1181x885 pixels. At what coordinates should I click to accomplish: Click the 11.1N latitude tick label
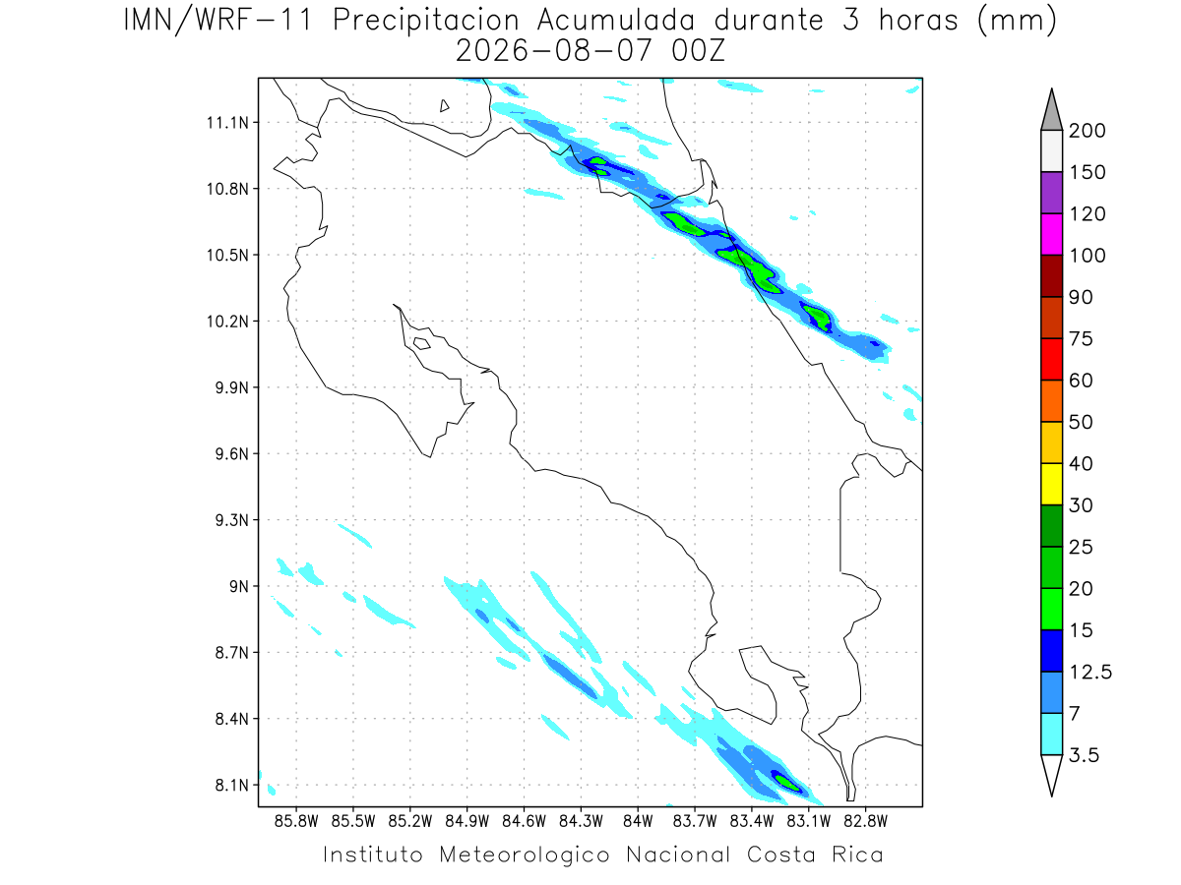coord(227,123)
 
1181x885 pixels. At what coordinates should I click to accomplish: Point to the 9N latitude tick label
coord(239,586)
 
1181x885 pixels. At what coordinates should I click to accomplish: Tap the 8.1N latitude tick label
coord(232,785)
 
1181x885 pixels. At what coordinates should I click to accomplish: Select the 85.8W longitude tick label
coord(296,821)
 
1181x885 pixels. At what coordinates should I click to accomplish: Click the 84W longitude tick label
coord(638,821)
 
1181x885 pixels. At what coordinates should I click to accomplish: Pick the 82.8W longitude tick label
coord(865,821)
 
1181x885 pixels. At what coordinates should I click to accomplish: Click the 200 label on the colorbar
coord(1087,131)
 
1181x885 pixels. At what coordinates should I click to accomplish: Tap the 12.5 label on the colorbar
coord(1090,672)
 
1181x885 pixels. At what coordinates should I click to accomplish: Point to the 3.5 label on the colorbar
coord(1084,755)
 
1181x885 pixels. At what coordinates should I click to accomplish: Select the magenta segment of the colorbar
coord(1051,234)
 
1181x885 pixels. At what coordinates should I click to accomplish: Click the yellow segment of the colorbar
coord(1051,484)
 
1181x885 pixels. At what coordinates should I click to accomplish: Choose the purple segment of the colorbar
coord(1051,193)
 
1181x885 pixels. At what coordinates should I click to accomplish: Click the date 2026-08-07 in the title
coord(554,51)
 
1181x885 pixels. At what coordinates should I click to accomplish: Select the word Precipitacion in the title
coord(426,21)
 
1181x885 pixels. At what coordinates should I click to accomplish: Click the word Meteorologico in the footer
coord(525,855)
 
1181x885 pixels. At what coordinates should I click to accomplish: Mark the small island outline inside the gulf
coord(422,343)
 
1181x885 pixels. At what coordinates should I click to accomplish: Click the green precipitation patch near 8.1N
coord(787,782)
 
